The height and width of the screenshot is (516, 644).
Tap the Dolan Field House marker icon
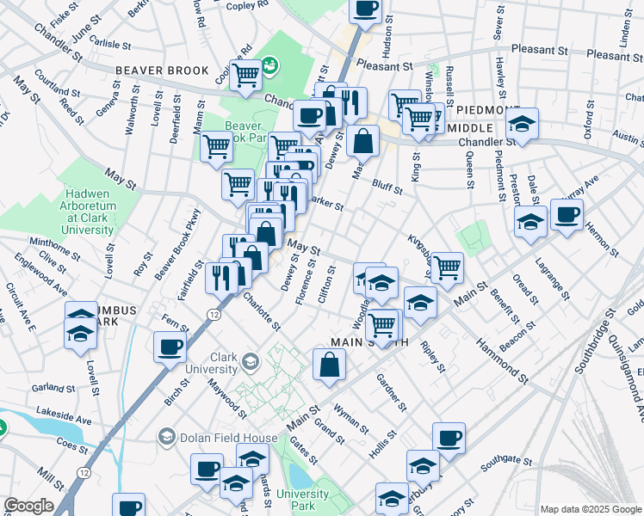[166, 438]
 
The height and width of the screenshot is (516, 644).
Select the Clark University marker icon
[250, 359]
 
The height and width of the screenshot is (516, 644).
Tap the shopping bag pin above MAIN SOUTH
[330, 365]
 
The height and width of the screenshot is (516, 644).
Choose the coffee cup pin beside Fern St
[170, 347]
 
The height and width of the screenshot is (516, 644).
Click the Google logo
[28, 507]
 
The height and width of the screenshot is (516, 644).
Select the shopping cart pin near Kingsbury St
[447, 267]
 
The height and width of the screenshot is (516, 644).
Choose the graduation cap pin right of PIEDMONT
[522, 124]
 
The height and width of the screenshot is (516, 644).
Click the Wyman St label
[351, 419]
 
